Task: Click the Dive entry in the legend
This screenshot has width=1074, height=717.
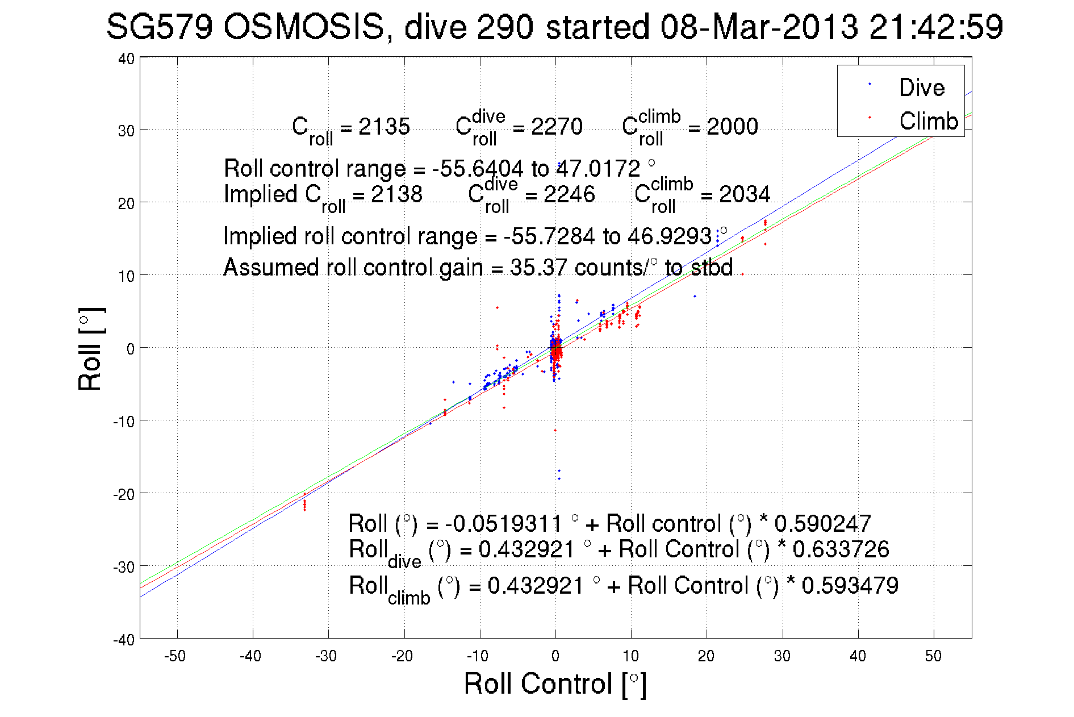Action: coord(921,87)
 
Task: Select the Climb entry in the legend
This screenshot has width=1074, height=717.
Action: coord(928,121)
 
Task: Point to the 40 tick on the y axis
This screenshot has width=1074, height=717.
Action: coord(126,59)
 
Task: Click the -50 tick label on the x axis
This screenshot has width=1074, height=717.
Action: coord(175,656)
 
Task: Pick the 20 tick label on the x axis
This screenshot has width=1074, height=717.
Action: coord(706,656)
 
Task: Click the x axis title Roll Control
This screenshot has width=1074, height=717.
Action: coord(555,683)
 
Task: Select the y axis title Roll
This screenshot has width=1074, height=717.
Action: coord(90,349)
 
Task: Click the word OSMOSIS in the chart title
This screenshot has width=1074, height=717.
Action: coord(304,27)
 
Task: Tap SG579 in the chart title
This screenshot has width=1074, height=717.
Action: coord(159,27)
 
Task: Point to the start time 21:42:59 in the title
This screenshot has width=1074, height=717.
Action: coord(936,27)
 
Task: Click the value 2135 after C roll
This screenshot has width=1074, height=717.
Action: coord(384,127)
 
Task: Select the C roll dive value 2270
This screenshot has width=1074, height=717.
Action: coord(557,127)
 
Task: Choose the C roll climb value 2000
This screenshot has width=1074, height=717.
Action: coord(732,127)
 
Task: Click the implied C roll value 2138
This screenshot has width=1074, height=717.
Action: coord(396,194)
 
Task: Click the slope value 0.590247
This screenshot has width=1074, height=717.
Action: coord(822,523)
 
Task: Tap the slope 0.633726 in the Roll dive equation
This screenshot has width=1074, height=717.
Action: coord(841,549)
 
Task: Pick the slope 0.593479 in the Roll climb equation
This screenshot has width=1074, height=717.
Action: coord(850,585)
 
